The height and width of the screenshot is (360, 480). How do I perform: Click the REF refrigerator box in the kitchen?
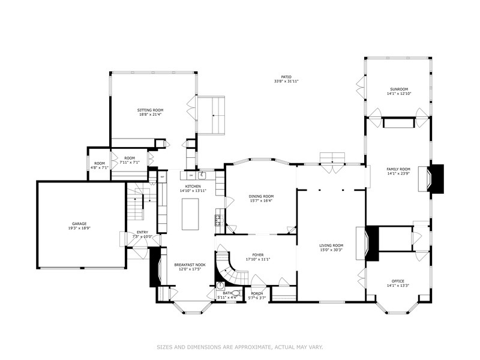tap(163, 177)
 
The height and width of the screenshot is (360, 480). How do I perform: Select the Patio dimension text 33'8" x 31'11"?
tap(286, 81)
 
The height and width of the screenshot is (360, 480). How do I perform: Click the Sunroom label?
tap(399, 89)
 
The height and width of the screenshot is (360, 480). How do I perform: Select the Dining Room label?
tap(261, 196)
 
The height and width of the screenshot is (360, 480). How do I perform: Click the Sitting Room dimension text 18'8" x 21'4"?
tap(150, 115)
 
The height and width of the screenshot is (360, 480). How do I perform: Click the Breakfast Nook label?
tap(190, 265)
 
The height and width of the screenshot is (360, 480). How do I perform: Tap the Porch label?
tap(257, 293)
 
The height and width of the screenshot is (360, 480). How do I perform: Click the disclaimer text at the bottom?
tap(240, 346)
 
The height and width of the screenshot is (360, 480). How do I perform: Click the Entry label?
tap(142, 232)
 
